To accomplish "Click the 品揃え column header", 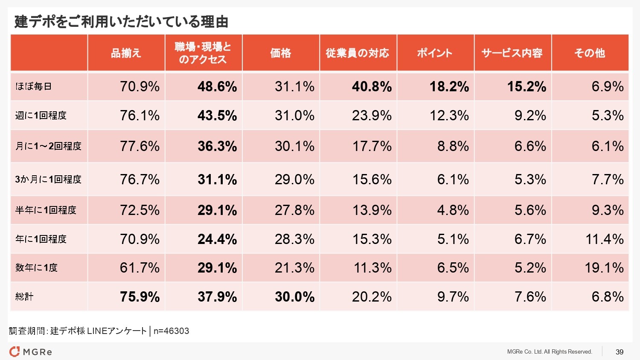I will click(126, 53).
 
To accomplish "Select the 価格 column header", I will click(280, 53).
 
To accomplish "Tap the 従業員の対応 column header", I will click(358, 53).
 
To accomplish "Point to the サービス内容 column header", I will click(512, 53).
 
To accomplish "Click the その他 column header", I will click(590, 53).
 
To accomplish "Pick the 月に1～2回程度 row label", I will click(48, 146).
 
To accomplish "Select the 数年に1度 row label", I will click(36, 268).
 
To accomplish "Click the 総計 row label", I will click(24, 297).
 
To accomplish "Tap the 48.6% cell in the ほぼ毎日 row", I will click(217, 87).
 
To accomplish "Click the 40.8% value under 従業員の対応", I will click(371, 87).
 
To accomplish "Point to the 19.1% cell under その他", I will click(604, 268).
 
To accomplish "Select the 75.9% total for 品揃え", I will click(140, 297).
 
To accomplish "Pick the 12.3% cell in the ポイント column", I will click(449, 116).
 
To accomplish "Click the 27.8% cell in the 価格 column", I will click(294, 210).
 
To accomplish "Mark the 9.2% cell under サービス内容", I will click(530, 116).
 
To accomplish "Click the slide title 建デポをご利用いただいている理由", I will click(122, 21).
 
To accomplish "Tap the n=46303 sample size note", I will click(171, 331).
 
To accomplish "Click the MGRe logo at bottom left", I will click(31, 352).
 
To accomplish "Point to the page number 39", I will click(620, 352).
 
